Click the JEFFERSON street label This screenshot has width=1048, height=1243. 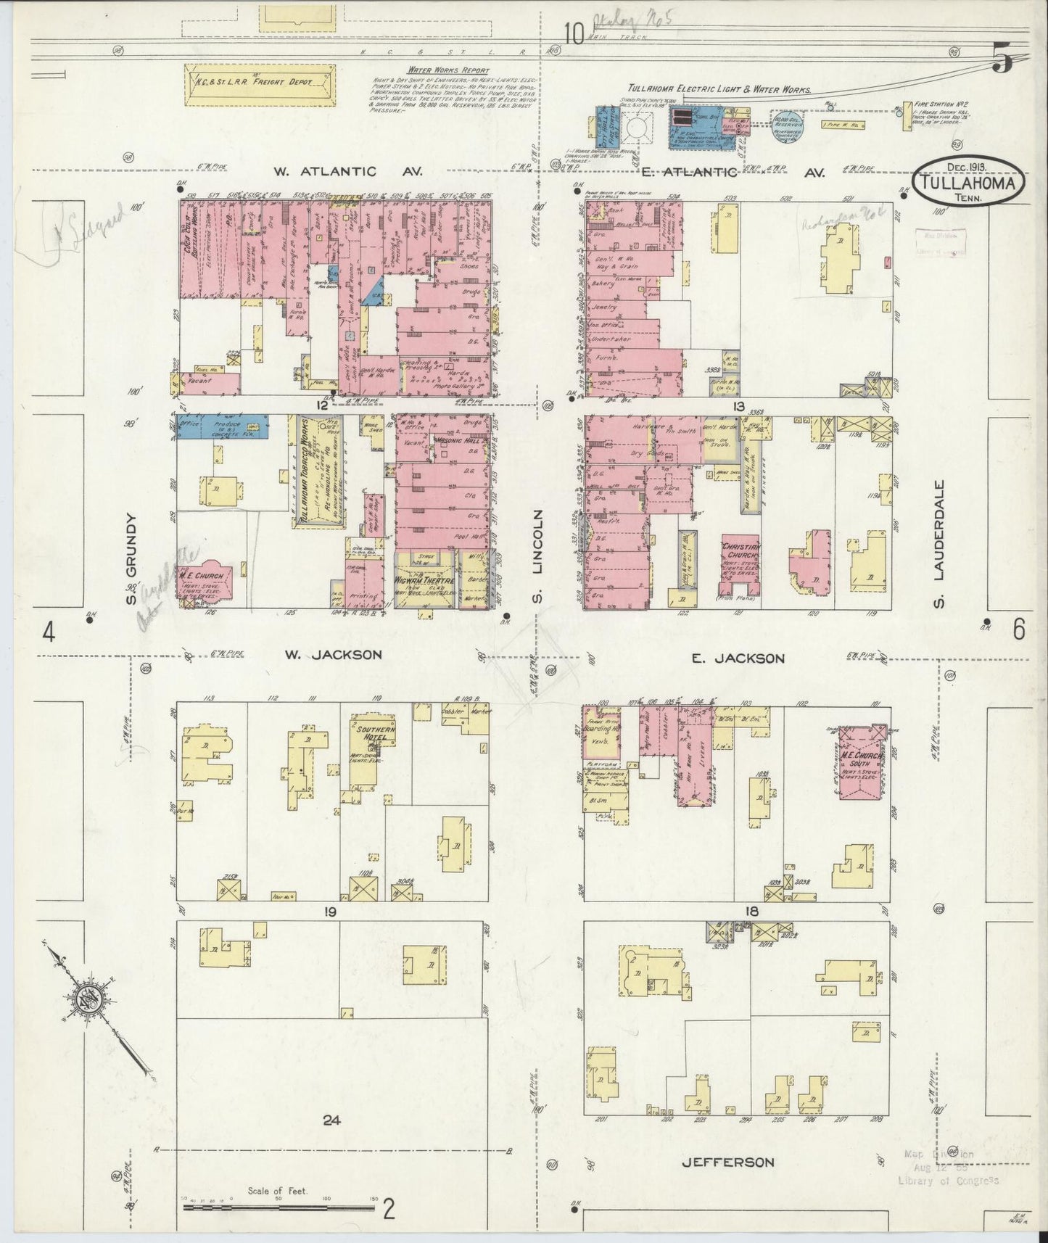point(728,1162)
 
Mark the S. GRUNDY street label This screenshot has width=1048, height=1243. point(131,558)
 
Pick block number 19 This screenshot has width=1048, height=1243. point(331,912)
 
